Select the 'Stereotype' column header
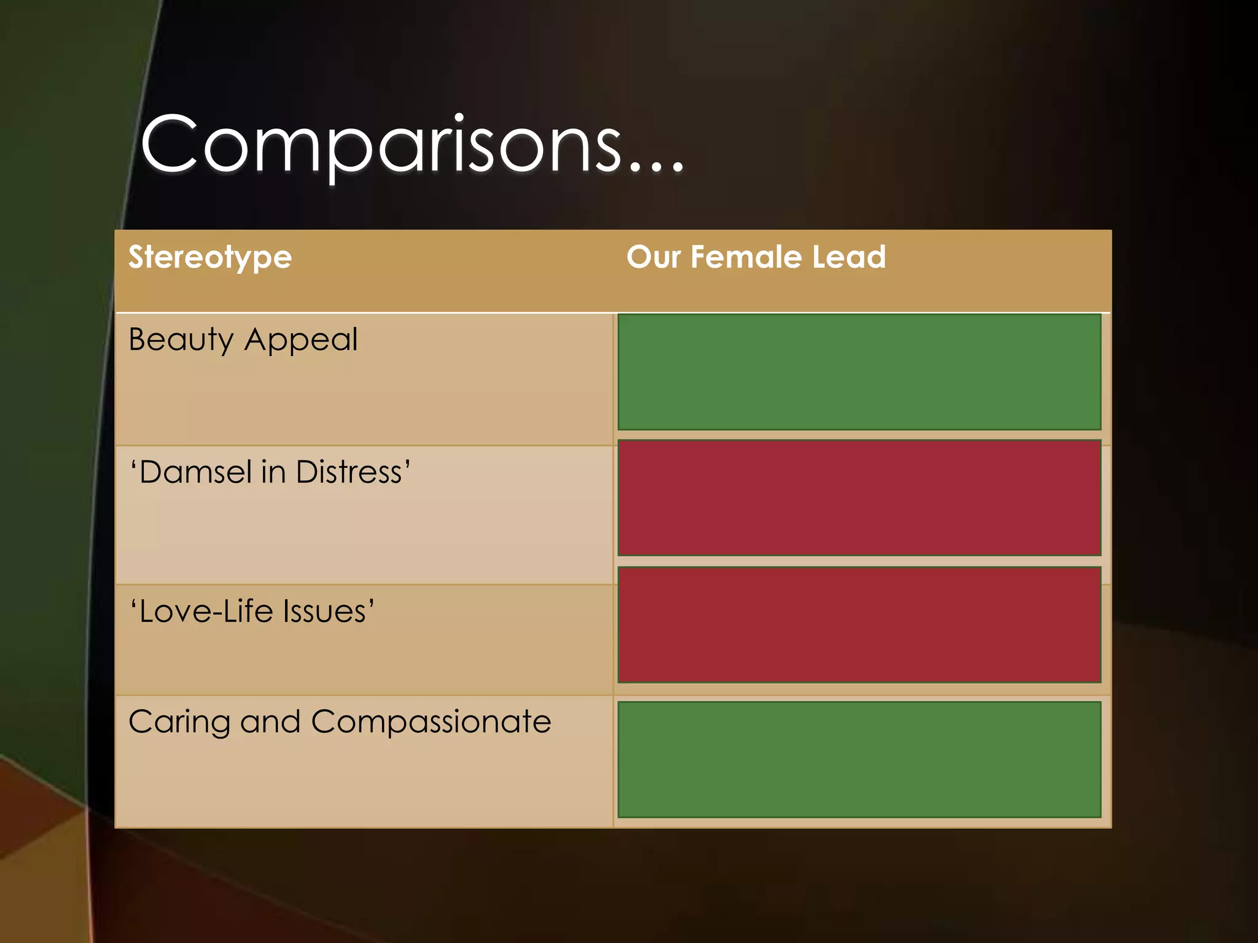(210, 257)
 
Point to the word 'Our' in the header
(654, 257)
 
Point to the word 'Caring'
(179, 722)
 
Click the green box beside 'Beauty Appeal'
(859, 372)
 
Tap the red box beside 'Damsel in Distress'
(859, 498)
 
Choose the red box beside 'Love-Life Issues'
(859, 624)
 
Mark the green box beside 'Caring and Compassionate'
(859, 759)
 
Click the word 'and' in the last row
(270, 722)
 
